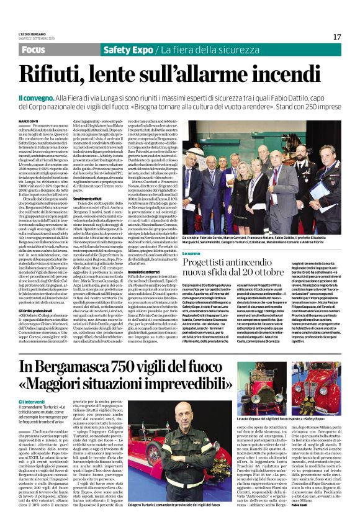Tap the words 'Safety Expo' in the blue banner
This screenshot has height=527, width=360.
tap(128, 49)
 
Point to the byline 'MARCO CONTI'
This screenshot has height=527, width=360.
tap(28, 121)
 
